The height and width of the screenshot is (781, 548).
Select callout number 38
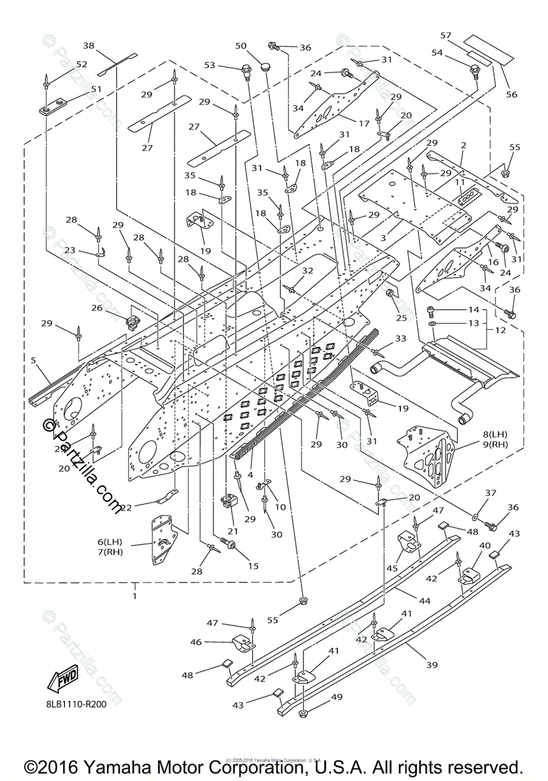(89, 46)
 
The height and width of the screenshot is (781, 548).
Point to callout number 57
(445, 35)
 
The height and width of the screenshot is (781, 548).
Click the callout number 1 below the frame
(135, 596)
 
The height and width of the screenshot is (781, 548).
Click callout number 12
(499, 330)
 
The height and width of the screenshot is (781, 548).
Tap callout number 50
(241, 46)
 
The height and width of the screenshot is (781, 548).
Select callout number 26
(97, 308)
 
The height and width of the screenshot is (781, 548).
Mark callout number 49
(336, 697)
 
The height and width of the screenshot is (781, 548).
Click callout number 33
(400, 339)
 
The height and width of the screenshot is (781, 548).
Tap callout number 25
(401, 318)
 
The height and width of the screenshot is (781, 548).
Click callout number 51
(96, 89)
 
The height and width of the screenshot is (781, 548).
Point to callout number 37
(491, 493)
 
